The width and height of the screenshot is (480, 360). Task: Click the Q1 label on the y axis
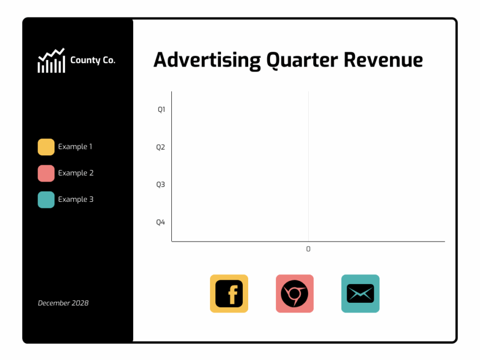pyautogui.click(x=161, y=110)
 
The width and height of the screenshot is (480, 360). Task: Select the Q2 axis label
pyautogui.click(x=161, y=147)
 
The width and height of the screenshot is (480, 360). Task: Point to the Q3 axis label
pyautogui.click(x=161, y=184)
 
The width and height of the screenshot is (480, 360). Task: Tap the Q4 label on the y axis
pyautogui.click(x=161, y=222)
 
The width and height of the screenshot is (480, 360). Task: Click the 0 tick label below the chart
pyautogui.click(x=308, y=249)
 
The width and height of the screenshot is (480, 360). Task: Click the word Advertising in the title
pyautogui.click(x=207, y=60)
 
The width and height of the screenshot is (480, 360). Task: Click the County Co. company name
pyautogui.click(x=93, y=61)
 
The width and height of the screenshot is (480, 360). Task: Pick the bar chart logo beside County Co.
pyautogui.click(x=51, y=61)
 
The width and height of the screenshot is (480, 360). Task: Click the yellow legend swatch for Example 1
pyautogui.click(x=46, y=147)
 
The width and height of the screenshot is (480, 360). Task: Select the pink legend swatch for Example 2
pyautogui.click(x=46, y=173)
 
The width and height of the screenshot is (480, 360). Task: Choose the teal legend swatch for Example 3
pyautogui.click(x=46, y=200)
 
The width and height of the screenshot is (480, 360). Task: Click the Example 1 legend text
pyautogui.click(x=75, y=147)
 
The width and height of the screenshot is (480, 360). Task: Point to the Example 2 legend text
pyautogui.click(x=76, y=173)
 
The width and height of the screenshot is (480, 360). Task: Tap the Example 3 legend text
pyautogui.click(x=76, y=200)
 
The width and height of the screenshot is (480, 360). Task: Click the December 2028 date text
pyautogui.click(x=63, y=303)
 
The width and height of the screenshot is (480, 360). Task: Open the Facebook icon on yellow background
pyautogui.click(x=229, y=293)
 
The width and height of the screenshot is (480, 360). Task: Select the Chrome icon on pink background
pyautogui.click(x=295, y=293)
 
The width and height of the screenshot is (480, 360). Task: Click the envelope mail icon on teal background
pyautogui.click(x=360, y=293)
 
